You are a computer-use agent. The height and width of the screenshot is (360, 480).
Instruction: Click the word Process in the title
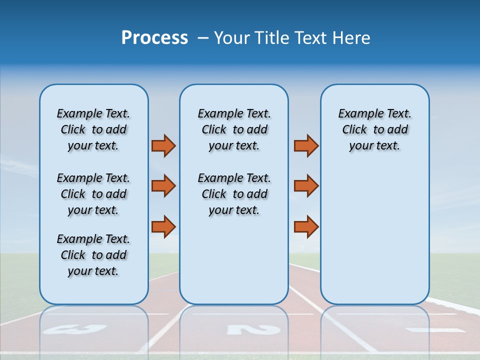tap(154, 38)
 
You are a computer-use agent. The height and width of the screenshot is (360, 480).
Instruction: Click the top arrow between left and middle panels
tap(163, 145)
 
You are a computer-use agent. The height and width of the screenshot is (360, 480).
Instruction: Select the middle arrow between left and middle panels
tap(163, 186)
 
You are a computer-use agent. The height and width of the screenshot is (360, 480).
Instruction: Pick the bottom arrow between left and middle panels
tap(163, 226)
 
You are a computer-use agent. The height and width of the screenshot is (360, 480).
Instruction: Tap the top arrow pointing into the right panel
tap(306, 145)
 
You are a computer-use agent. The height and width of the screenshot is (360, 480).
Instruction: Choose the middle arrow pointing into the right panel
tap(306, 186)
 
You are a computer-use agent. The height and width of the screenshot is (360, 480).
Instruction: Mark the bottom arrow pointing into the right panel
tap(306, 226)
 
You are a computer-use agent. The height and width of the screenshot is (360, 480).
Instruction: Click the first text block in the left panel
tap(93, 129)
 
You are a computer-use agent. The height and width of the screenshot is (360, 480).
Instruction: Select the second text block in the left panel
tap(93, 194)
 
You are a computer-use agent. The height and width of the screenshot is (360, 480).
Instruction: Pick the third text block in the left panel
tap(93, 255)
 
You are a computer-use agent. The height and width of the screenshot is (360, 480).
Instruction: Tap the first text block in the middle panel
tap(234, 129)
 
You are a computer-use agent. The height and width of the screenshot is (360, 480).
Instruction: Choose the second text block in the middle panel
tap(234, 194)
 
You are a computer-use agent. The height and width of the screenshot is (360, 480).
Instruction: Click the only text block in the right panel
tap(374, 129)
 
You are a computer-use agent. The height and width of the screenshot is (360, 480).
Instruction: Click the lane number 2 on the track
tap(253, 329)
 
